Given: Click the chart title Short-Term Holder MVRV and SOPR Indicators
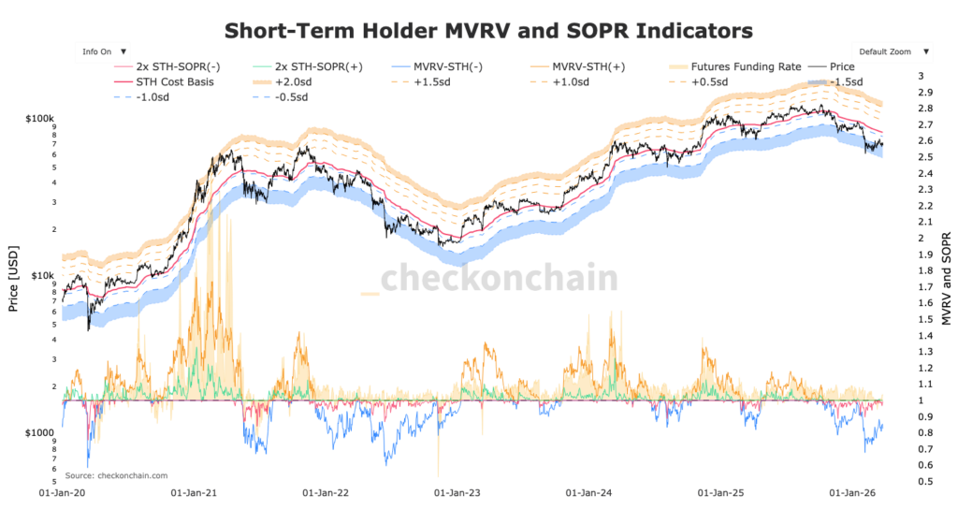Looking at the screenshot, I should (x=487, y=30).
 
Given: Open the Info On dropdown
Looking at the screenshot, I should (x=103, y=51).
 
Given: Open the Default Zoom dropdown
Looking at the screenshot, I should (x=892, y=51).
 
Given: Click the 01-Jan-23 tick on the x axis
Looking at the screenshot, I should (x=452, y=491).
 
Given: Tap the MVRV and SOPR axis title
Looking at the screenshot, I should (x=946, y=278).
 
